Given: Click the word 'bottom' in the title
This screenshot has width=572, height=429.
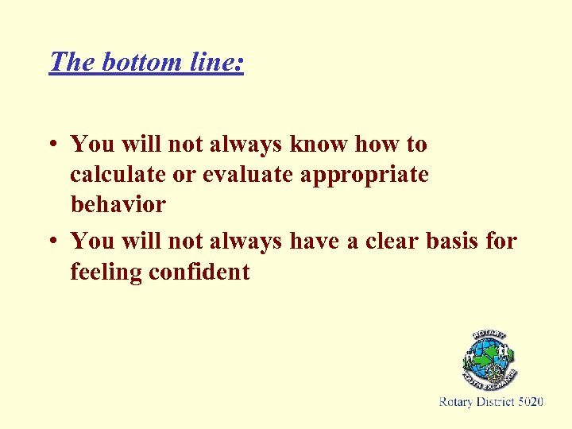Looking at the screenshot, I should (x=138, y=61).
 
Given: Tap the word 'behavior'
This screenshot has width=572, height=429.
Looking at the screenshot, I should (x=118, y=204).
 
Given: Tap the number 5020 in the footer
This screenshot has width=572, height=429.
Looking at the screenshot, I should (x=530, y=402).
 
